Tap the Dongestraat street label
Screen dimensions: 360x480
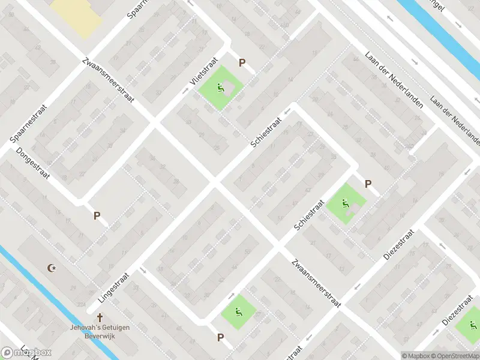[x=32, y=164]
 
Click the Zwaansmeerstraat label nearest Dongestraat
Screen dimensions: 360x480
[x=109, y=79]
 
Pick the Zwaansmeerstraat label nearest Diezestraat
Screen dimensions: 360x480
[x=316, y=283]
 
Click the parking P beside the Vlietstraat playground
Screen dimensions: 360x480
[x=242, y=63]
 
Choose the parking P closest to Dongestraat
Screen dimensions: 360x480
[x=96, y=215]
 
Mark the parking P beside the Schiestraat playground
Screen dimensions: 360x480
[x=368, y=184]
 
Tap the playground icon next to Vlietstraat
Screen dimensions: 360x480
[x=221, y=88]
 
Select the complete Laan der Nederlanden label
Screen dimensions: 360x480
[x=394, y=80]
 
